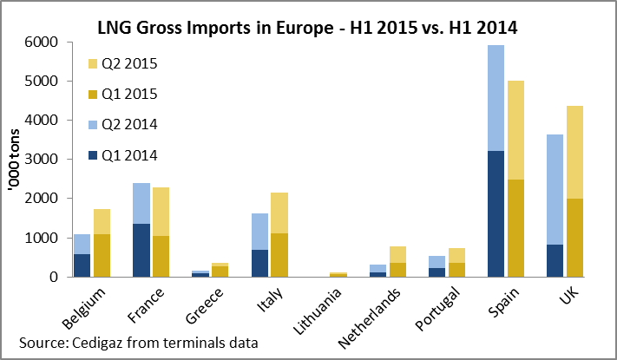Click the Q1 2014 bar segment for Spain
(496, 213)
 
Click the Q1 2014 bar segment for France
(141, 250)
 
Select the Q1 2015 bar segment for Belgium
(102, 255)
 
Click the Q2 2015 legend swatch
(95, 63)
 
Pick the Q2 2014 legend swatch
(95, 125)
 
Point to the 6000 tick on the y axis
(45, 42)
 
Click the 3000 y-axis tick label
(45, 160)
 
